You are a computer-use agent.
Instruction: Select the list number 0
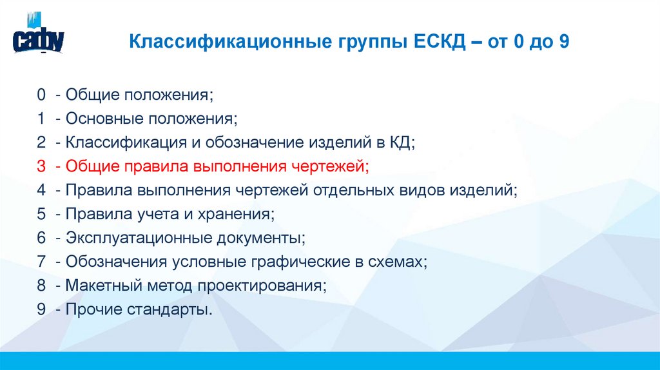pos(41,95)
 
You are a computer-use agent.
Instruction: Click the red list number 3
pos(41,167)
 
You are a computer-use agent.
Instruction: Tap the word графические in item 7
pos(296,262)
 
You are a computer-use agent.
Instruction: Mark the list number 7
pos(41,262)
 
